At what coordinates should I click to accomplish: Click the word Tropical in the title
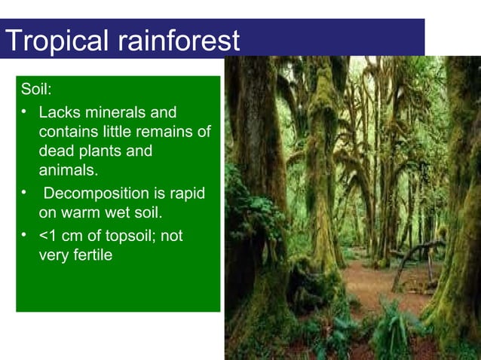(56, 40)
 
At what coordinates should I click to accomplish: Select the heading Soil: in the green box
(36, 90)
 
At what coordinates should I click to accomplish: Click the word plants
(100, 151)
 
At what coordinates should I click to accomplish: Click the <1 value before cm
(47, 236)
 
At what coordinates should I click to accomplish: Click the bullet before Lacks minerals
(25, 113)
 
